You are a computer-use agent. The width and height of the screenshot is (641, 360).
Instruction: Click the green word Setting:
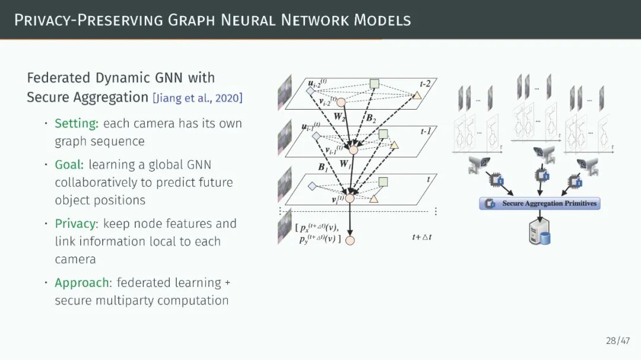click(77, 123)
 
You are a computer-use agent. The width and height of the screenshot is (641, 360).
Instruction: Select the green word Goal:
click(69, 164)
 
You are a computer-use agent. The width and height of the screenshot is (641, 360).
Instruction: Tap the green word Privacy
click(75, 224)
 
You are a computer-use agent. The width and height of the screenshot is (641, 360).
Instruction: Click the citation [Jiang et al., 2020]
click(198, 98)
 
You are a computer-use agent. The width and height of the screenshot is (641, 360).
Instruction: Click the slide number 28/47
click(618, 340)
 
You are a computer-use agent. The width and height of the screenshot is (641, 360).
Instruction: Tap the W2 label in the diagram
click(339, 117)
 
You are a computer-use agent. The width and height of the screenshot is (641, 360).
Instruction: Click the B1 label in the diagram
click(323, 168)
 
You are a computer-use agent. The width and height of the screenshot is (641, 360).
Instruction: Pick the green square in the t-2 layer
click(375, 84)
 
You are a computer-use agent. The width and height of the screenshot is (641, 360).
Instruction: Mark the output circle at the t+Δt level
click(350, 240)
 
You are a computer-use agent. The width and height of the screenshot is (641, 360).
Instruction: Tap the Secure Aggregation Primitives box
click(540, 203)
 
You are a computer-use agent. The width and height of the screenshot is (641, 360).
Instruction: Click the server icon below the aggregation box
click(539, 232)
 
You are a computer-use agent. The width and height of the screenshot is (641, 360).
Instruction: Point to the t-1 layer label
click(426, 131)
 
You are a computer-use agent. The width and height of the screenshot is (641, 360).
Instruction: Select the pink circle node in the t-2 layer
click(341, 102)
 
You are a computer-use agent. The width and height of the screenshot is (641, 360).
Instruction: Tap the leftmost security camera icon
click(478, 165)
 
